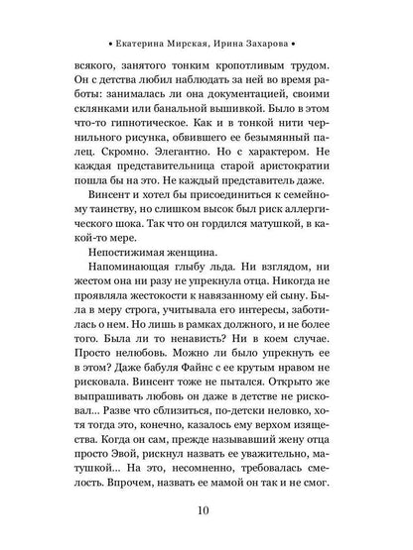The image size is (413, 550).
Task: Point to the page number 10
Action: click(x=206, y=512)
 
